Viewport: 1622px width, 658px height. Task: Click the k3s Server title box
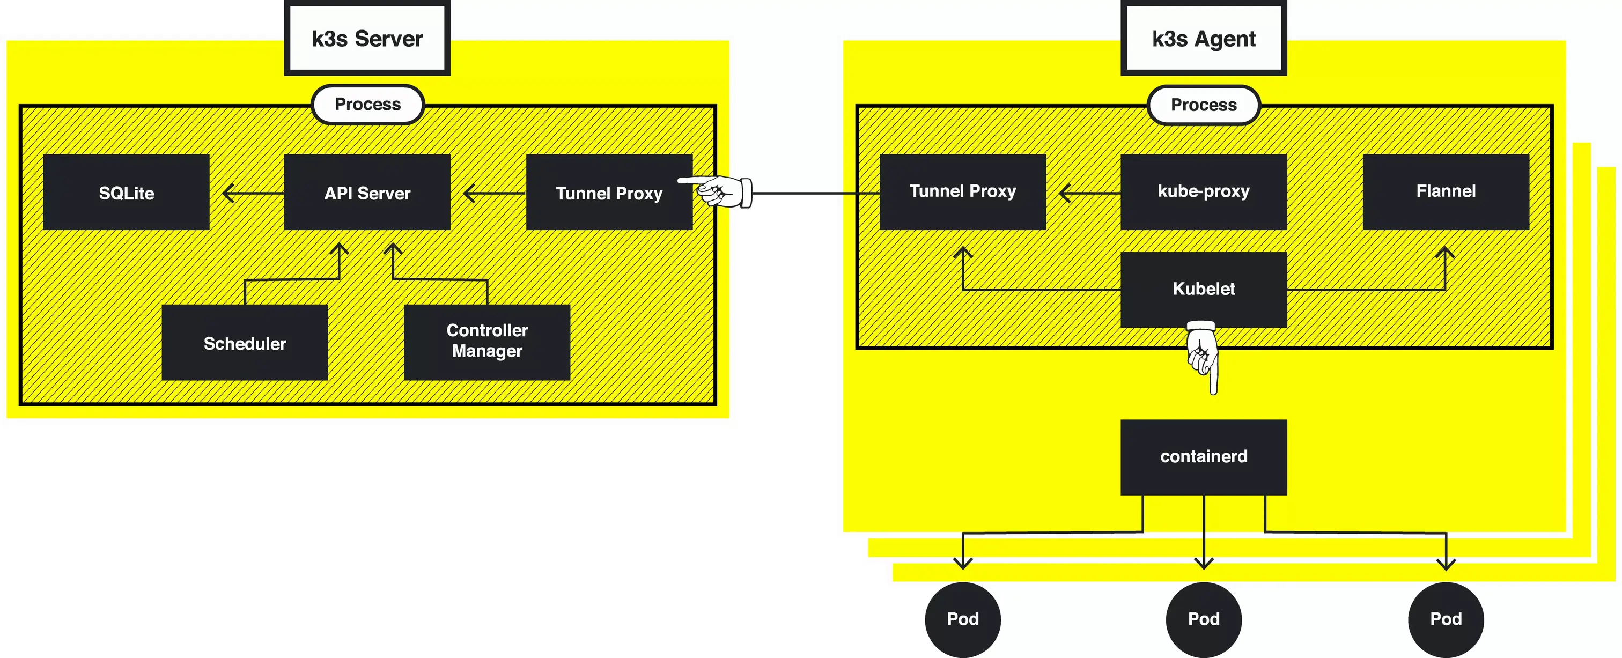[367, 39]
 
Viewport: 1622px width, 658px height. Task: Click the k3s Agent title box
[1203, 39]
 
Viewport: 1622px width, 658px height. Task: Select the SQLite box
[126, 192]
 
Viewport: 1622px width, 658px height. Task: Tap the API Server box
[367, 192]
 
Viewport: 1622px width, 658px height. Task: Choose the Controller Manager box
[486, 343]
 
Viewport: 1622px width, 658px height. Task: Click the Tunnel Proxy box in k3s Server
[608, 192]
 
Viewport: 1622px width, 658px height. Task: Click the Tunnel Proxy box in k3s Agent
[962, 191]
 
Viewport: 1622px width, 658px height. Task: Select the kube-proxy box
[1203, 191]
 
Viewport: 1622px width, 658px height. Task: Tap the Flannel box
[1446, 191]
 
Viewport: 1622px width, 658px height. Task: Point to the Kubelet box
[1203, 289]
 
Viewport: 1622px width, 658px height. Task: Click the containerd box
[1203, 456]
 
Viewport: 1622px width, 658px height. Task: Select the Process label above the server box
[368, 105]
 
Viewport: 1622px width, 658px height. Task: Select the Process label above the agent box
[1203, 105]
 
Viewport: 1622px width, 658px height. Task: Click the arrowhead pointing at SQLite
[228, 193]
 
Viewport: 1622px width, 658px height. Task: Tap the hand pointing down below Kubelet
[1203, 356]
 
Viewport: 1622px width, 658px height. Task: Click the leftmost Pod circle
[962, 619]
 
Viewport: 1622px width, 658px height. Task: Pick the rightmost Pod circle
[1446, 619]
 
